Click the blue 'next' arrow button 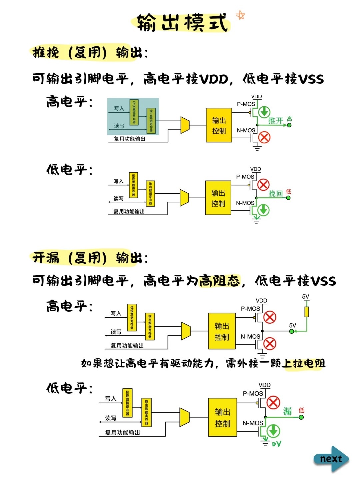point(331,459)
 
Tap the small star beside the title point(240,15)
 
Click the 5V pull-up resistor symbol point(306,312)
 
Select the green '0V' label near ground point(276,444)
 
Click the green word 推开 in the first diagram point(276,120)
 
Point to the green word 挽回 point(276,194)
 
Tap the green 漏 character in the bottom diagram point(287,411)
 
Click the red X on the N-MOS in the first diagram point(264,137)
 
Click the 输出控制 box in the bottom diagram point(222,417)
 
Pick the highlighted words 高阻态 point(219,281)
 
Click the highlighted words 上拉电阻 point(303,363)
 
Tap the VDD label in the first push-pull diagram point(256,97)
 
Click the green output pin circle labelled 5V point(292,331)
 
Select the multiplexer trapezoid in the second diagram point(184,198)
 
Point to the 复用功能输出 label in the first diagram point(130,139)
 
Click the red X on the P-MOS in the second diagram point(263,184)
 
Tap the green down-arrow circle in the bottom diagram point(273,431)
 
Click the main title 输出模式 point(182,23)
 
